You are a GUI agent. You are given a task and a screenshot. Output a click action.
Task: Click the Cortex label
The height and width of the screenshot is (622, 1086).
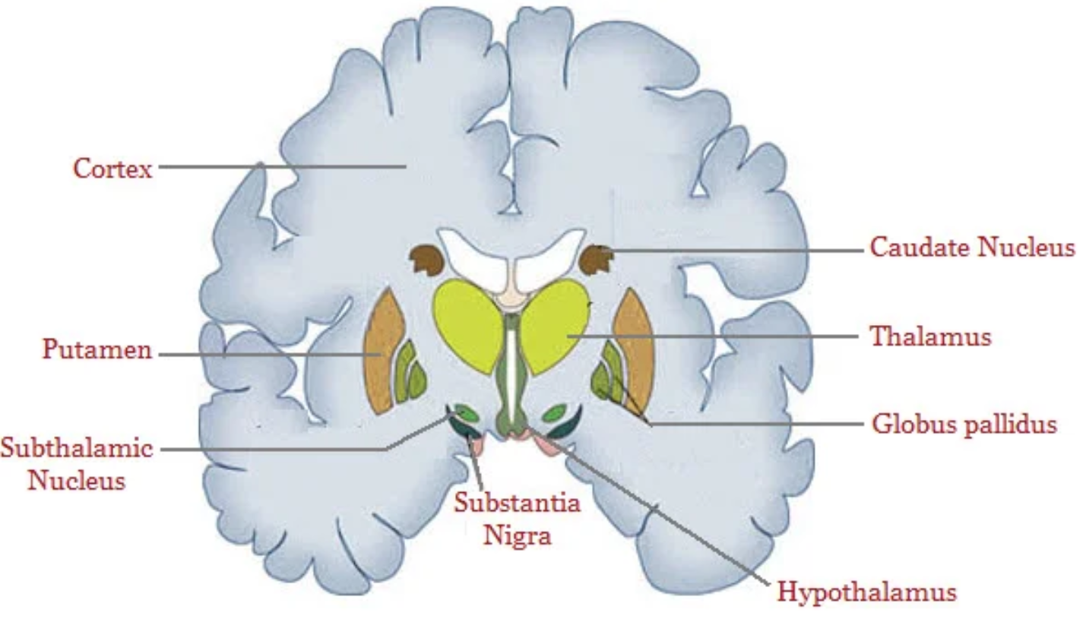[112, 168]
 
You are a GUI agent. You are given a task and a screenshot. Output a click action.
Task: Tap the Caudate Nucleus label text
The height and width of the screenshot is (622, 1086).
[972, 248]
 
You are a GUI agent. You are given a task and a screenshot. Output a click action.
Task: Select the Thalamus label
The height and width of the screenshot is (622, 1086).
[930, 336]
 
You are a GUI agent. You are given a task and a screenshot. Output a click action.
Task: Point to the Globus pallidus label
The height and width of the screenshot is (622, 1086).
[964, 424]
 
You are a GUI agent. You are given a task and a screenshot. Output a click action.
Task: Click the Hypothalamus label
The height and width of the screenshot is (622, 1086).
[866, 592]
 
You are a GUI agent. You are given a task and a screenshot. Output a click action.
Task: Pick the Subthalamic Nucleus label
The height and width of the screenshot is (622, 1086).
[76, 463]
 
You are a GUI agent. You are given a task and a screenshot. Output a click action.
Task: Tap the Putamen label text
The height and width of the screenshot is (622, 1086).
[97, 350]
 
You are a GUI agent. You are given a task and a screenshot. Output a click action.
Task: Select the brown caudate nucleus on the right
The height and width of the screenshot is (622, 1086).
[595, 260]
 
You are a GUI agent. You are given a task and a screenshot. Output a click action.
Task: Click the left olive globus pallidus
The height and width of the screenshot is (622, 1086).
[410, 372]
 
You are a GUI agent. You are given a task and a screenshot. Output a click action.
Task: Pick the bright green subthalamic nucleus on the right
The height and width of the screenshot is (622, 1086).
[555, 413]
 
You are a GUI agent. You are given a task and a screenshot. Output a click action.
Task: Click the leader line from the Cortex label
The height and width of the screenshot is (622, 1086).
[281, 166]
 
